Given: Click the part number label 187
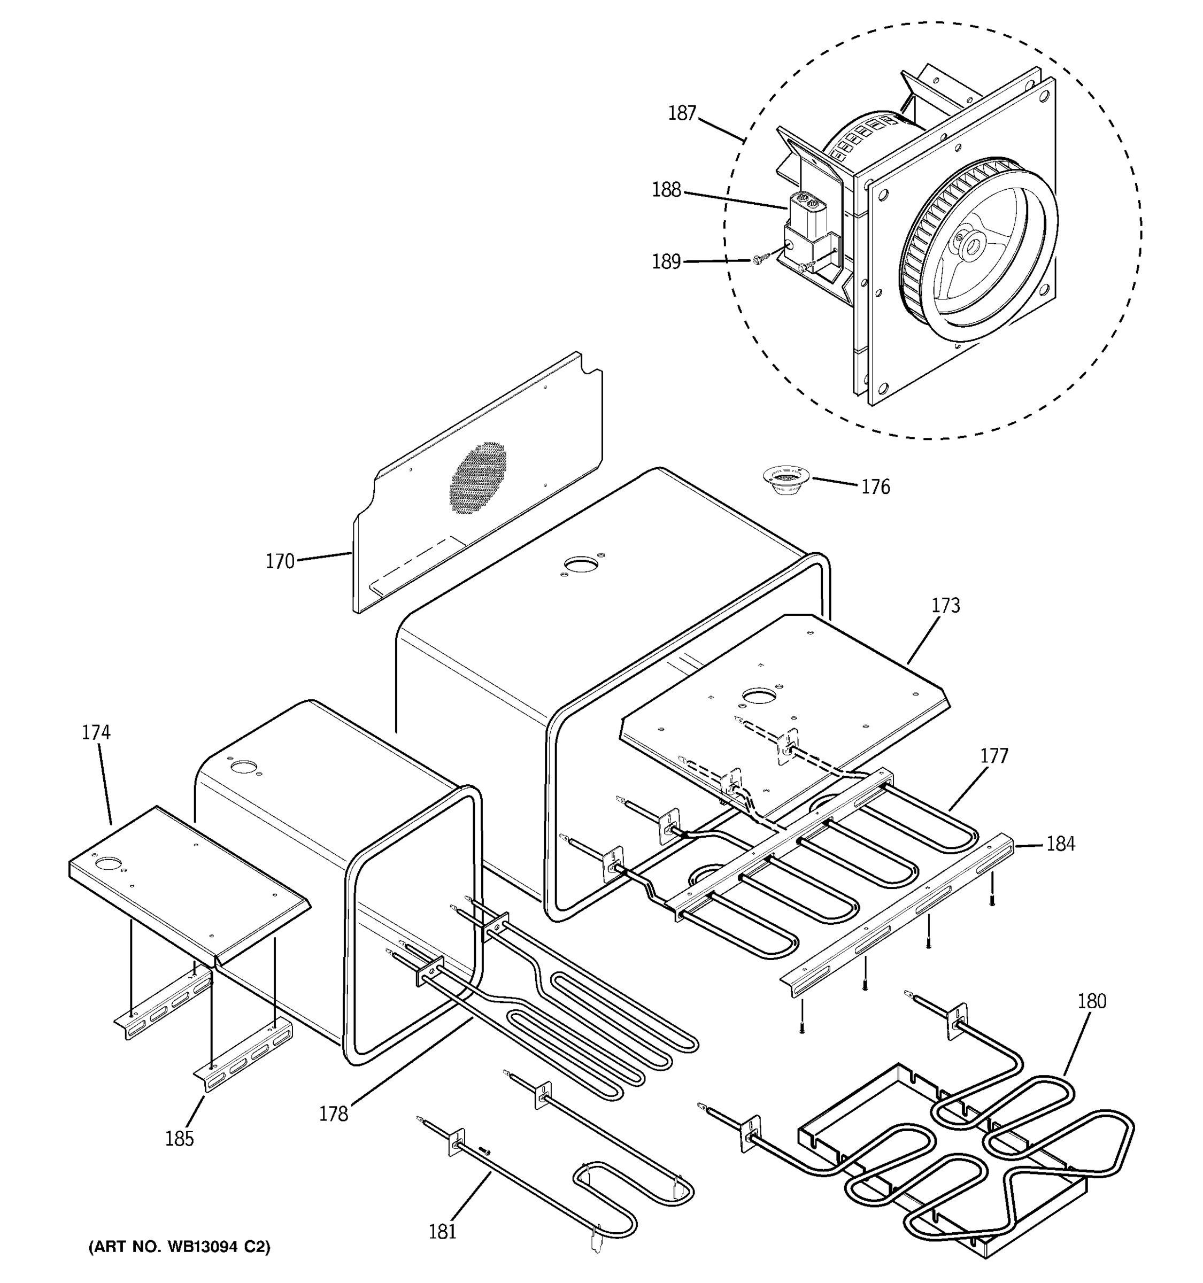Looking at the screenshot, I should click(682, 113).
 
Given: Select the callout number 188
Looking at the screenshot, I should click(667, 190).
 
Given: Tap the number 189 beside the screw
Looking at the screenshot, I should click(667, 262).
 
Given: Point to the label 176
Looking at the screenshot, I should click(875, 487).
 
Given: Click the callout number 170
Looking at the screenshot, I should click(280, 561).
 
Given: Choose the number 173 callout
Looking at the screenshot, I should click(945, 605).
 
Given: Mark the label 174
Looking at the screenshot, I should click(96, 732).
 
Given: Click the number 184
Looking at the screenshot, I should click(1060, 844).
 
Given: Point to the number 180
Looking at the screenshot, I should click(1091, 1001).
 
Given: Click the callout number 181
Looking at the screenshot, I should click(442, 1232).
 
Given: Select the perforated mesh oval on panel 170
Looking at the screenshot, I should click(478, 477).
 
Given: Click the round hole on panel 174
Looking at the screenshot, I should click(108, 863).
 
